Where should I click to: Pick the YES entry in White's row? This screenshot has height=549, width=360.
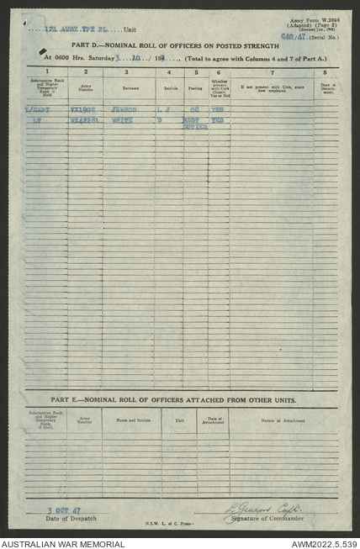tap(218, 121)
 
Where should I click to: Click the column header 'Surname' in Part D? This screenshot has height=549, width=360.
tap(129, 86)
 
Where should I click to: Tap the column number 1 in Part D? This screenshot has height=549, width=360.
tap(46, 72)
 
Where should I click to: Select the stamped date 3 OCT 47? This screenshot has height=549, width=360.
tap(59, 509)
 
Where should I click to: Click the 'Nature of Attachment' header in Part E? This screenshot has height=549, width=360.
tap(283, 419)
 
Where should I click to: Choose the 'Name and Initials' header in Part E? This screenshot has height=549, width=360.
tap(132, 419)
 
